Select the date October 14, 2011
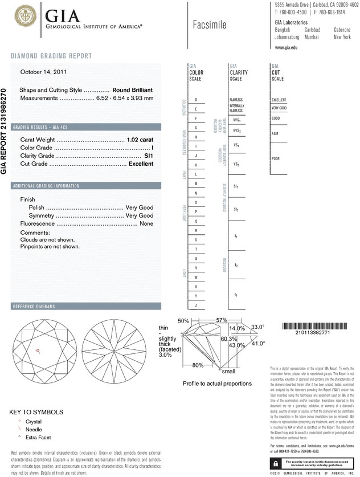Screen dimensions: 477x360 (x=44, y=72)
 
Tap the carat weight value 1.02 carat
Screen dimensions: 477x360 (x=140, y=140)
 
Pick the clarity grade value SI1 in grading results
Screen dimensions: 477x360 (x=149, y=156)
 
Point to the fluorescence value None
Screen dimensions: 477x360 (x=146, y=224)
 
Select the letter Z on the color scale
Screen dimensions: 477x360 (x=196, y=305)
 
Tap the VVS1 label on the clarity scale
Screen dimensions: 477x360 (x=237, y=121)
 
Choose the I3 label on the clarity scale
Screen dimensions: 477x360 (x=236, y=294)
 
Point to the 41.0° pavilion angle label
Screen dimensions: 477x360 (x=259, y=344)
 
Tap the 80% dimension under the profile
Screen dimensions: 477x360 (x=198, y=365)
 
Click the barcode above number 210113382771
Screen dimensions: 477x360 (x=314, y=327)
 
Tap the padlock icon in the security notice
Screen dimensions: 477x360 (x=275, y=464)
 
